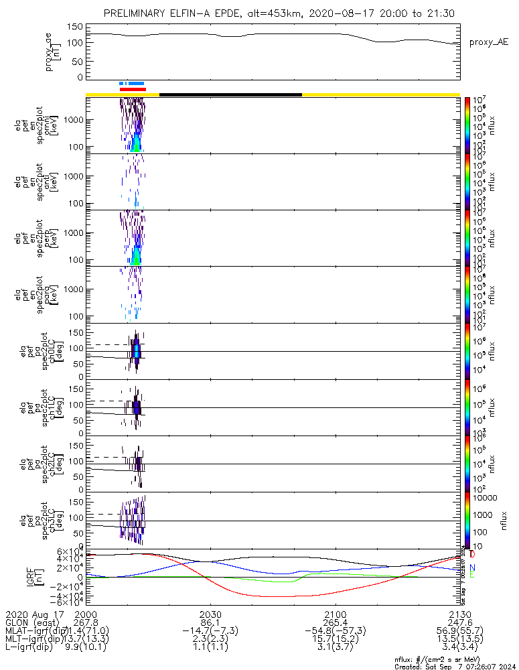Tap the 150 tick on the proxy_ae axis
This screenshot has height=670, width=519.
(x=75, y=27)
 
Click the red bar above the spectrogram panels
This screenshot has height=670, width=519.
(x=133, y=88)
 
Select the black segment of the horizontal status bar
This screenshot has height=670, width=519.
(x=230, y=94)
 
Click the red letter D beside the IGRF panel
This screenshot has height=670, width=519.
(x=472, y=555)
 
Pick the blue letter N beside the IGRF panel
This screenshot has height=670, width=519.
(x=472, y=567)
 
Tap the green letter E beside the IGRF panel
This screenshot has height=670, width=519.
(x=472, y=575)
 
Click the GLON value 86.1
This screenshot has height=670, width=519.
(x=210, y=622)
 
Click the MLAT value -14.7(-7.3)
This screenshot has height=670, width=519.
(x=210, y=631)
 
